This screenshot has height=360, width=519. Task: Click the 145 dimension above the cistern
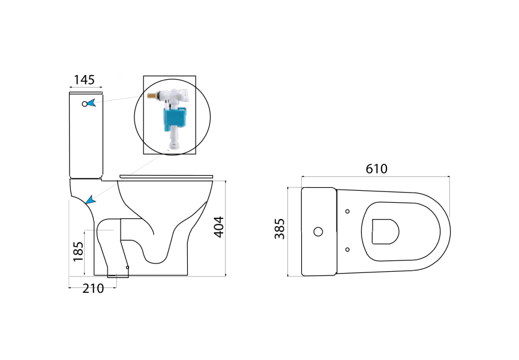[x=84, y=80]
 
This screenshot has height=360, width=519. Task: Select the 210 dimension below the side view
[x=93, y=289]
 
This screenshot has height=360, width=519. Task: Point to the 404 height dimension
[x=220, y=226]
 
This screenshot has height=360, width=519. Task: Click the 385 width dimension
[x=280, y=229]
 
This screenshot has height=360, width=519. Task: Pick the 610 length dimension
[x=376, y=169]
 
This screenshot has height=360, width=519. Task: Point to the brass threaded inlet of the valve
[x=152, y=96]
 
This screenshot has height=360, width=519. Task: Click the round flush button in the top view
[x=319, y=232]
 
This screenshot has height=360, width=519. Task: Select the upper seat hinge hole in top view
[x=348, y=211]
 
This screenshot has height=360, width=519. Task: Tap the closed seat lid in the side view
[x=166, y=176]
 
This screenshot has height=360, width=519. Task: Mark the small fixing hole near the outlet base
[x=127, y=268]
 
